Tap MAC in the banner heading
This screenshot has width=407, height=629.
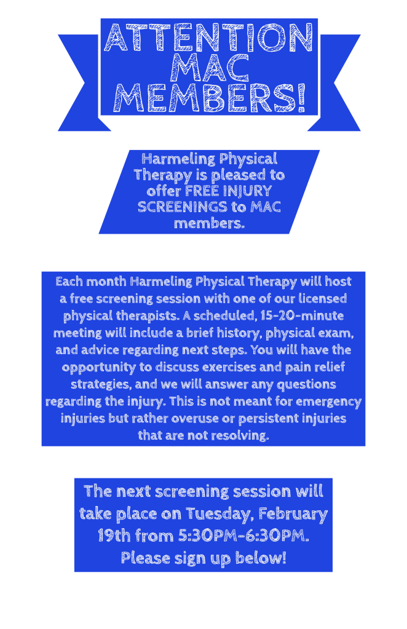(210, 68)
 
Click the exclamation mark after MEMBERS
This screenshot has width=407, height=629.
(301, 98)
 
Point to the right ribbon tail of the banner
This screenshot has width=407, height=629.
(335, 82)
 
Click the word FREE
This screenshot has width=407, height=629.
(201, 191)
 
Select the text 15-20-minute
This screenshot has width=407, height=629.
(301, 315)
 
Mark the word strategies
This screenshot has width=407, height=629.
(101, 385)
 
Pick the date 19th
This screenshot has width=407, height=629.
(114, 536)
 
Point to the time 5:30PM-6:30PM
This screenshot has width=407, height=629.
(243, 536)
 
